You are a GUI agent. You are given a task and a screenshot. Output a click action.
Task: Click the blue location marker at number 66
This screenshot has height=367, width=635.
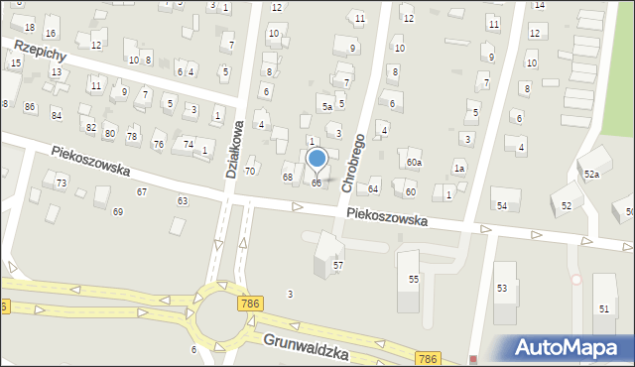317,159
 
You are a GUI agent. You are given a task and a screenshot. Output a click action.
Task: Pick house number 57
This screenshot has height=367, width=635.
337,266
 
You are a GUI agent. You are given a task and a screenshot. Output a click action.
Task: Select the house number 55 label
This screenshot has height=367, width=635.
414,281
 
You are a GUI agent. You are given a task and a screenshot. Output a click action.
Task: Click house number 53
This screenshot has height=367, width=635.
501,288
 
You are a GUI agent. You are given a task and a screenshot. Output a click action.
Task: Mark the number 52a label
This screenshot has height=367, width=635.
591,175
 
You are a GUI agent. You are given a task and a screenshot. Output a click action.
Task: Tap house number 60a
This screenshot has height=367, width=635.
414,162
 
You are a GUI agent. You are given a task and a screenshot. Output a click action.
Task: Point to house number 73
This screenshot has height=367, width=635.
62,183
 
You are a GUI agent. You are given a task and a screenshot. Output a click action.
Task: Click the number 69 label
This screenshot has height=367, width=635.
118,212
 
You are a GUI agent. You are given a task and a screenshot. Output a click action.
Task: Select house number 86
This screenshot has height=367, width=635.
30,107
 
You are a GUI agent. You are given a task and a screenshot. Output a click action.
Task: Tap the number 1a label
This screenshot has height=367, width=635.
459,169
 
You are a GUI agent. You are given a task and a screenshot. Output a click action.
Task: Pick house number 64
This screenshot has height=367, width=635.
373,188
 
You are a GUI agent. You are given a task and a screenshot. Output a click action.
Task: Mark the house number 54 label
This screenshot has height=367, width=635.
502,205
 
